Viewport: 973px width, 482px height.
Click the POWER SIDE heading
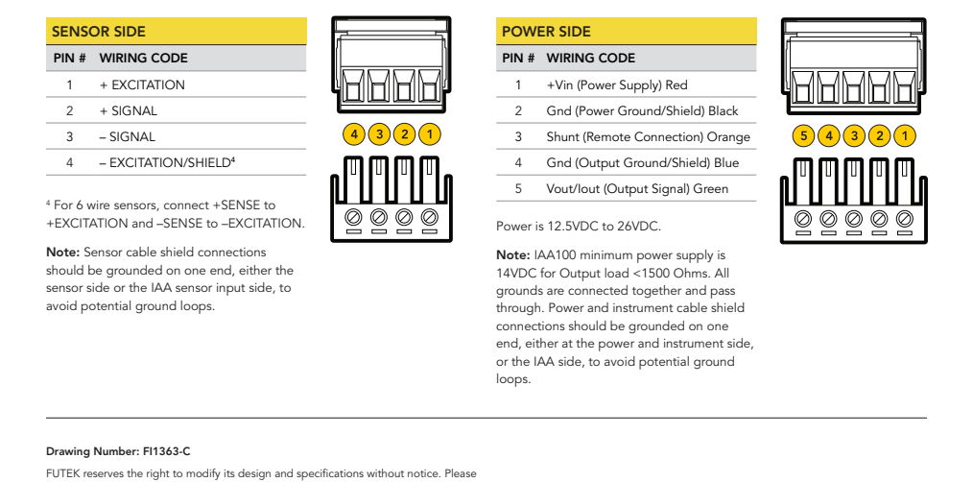coord(546,32)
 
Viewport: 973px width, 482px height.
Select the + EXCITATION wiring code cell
coord(142,84)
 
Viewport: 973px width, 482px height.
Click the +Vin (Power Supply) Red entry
coord(617,85)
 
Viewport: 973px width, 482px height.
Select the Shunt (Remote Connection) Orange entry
coord(648,137)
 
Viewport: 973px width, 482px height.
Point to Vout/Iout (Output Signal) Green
coord(637,189)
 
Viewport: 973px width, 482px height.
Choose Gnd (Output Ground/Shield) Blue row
coord(642,163)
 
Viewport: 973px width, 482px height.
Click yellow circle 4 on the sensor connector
coord(354,134)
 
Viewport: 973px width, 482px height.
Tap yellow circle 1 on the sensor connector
coord(430,134)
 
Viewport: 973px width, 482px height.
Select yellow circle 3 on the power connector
coord(854,135)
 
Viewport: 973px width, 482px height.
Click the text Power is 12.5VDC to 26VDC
coord(579,228)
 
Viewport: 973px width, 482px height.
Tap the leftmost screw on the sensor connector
coord(354,215)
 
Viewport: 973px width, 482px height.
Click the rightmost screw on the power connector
coord(904,216)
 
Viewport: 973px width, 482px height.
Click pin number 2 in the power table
coord(518,111)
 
